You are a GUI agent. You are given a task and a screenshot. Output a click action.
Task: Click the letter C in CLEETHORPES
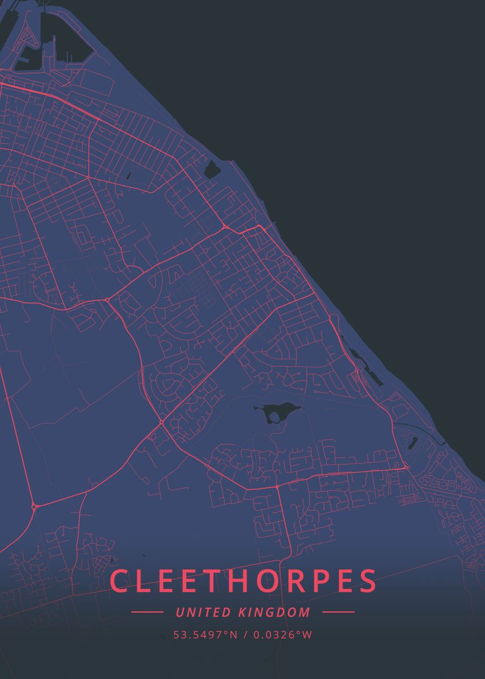119,581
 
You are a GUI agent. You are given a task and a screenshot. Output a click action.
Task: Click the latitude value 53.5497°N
205,635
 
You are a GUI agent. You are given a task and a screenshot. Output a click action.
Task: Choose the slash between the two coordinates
246,635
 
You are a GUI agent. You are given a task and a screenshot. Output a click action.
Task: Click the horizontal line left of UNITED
147,612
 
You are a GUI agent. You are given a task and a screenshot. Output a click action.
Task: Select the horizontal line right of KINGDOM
338,612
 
